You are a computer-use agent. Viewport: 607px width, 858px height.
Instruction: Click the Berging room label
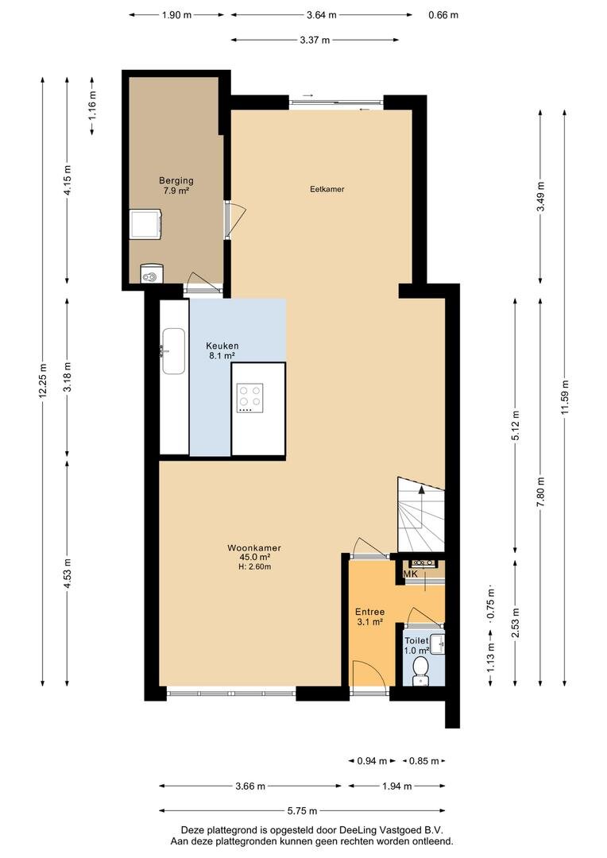[x=176, y=180]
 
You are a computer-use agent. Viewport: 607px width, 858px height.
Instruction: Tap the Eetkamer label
[x=327, y=189]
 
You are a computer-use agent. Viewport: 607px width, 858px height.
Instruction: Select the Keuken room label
[x=222, y=346]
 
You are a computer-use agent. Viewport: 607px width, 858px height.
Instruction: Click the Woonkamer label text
[x=254, y=547]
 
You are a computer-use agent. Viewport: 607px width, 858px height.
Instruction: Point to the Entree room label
[x=370, y=612]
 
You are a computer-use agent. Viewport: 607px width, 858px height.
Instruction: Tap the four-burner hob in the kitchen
[x=249, y=398]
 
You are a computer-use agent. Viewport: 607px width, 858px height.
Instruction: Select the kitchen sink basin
[x=173, y=351]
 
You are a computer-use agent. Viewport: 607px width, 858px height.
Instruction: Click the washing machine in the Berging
[x=145, y=225]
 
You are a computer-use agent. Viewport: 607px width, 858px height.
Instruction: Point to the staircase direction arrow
[x=421, y=505]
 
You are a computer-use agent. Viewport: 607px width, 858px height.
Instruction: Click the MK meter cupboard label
[x=411, y=574]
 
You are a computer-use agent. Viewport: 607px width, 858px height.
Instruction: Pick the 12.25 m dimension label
[x=43, y=381]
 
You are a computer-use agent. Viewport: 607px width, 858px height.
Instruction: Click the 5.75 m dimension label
[x=302, y=811]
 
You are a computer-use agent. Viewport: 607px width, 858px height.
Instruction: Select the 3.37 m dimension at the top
[x=315, y=40]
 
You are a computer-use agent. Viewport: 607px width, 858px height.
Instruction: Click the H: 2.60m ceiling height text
[x=254, y=567]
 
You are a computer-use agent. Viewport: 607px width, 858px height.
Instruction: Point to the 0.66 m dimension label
[x=443, y=15]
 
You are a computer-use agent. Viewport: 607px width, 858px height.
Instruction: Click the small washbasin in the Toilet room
[x=437, y=644]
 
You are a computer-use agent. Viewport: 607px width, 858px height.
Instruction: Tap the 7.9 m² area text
[x=176, y=191]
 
